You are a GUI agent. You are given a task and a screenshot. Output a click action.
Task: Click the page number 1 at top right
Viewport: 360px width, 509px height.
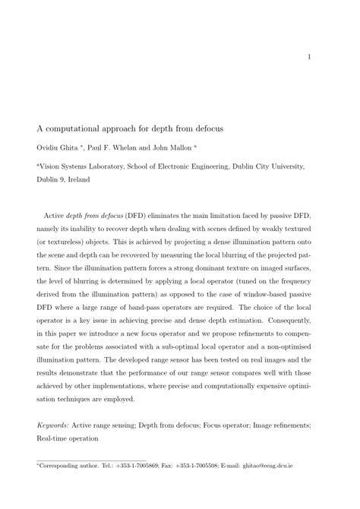pyautogui.click(x=311, y=57)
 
